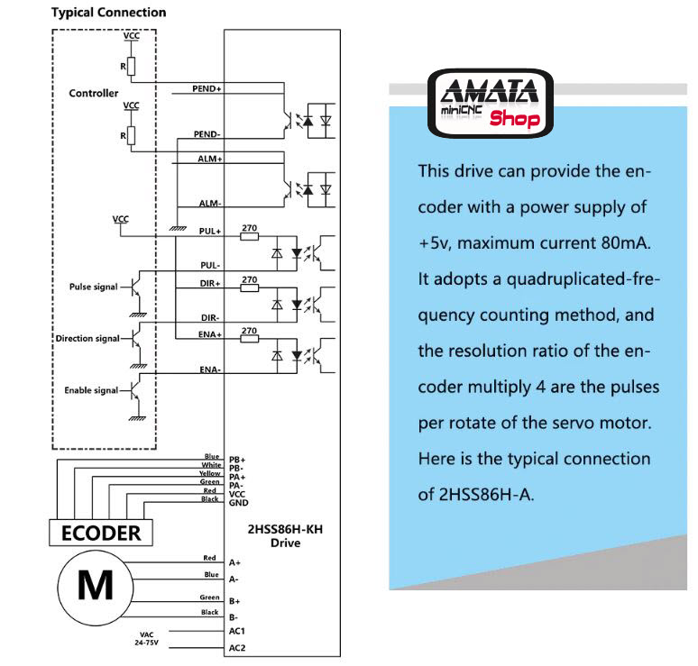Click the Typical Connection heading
pyautogui.click(x=108, y=13)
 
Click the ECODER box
pyautogui.click(x=100, y=533)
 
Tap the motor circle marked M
pyautogui.click(x=95, y=585)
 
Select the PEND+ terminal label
pyautogui.click(x=207, y=90)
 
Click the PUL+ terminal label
pyautogui.click(x=210, y=232)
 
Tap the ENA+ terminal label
pyautogui.click(x=210, y=334)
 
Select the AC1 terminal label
pyautogui.click(x=237, y=632)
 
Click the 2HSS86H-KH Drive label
pyautogui.click(x=284, y=536)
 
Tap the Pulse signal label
pyautogui.click(x=93, y=287)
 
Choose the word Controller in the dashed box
pyautogui.click(x=94, y=94)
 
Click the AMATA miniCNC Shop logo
pyautogui.click(x=491, y=102)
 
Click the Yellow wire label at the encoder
pyautogui.click(x=209, y=474)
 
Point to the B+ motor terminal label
pyautogui.click(x=234, y=601)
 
